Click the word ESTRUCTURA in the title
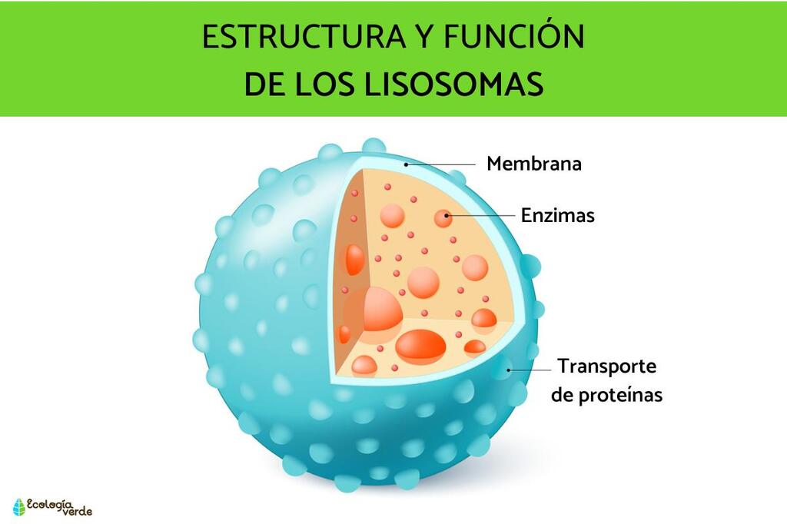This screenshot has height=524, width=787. coord(303,36)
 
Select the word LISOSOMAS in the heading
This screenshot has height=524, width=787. coord(453,84)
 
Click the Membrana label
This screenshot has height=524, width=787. coord(534,164)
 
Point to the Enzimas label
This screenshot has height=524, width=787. coord(558,215)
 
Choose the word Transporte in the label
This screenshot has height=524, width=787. coord(607,366)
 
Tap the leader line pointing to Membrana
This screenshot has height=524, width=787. coord(440,164)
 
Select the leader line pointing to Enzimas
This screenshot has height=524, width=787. coord(481,215)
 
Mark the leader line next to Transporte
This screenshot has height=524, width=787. coord(530,370)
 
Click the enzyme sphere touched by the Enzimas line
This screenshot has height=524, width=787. coord(443,218)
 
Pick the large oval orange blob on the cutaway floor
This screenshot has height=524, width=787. coord(420,345)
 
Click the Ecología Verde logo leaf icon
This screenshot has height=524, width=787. coord(19,507)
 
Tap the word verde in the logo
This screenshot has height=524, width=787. coord(78,512)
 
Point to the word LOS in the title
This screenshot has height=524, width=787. coord(324,84)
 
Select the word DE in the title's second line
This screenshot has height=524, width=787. coord(264,84)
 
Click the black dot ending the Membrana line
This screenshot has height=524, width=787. coord(406,164)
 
